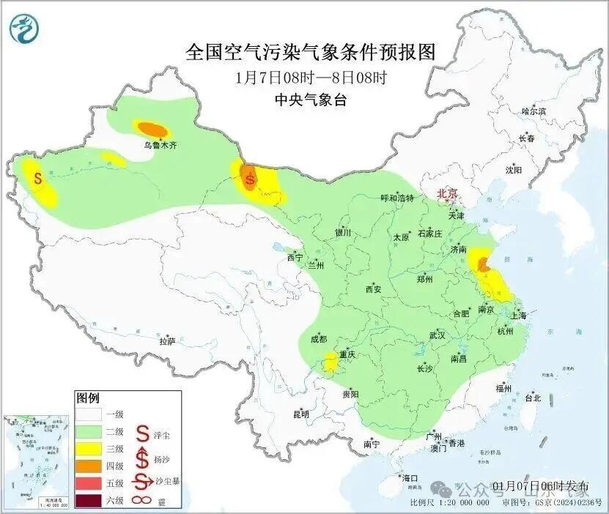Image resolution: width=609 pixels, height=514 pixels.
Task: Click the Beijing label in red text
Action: point(446,193)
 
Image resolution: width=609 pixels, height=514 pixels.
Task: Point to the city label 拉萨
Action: point(167,340)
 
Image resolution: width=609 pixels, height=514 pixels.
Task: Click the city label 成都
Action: point(319,338)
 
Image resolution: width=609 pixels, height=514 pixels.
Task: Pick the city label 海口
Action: point(410,478)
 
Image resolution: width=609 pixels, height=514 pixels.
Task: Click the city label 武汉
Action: point(438,335)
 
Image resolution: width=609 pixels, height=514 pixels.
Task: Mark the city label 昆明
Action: point(301,414)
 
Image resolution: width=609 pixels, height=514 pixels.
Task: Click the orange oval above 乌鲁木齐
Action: point(152,129)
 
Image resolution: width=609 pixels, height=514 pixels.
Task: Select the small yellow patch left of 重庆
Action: point(331,360)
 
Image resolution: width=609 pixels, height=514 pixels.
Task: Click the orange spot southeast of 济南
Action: point(483,264)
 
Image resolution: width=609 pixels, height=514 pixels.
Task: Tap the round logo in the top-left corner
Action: point(25,29)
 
